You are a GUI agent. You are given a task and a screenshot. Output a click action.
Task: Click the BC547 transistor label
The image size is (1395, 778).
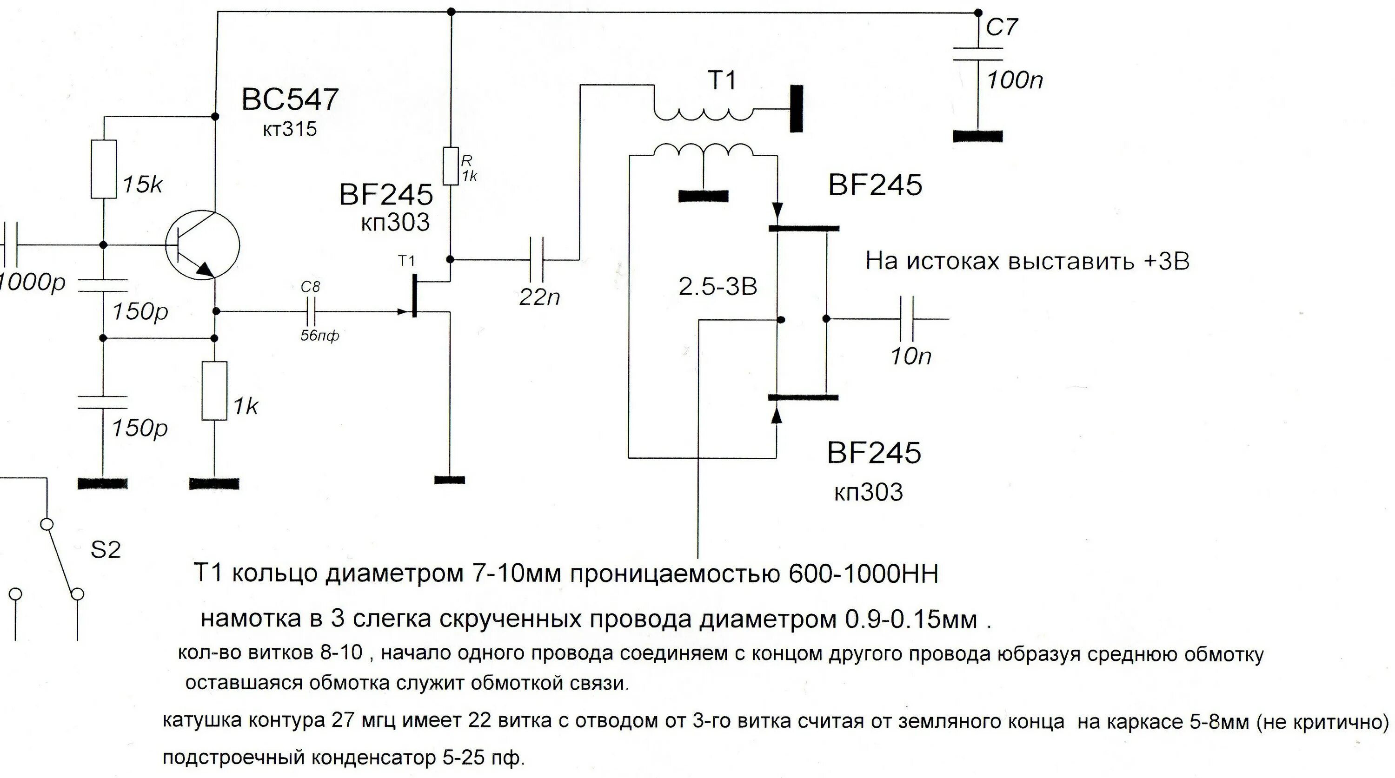pos(290,99)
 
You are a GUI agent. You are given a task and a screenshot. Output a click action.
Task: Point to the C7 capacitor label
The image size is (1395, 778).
pos(1002,27)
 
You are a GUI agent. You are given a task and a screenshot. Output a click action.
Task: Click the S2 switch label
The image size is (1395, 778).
pos(105,550)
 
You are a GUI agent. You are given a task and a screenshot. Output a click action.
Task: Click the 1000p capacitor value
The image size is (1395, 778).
pos(33,283)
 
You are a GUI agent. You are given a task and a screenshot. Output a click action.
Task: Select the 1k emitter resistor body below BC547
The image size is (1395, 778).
pos(214,391)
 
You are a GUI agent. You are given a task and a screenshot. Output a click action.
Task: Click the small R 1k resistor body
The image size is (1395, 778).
pos(451,165)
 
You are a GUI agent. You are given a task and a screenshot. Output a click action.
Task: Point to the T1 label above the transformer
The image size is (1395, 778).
pos(723,81)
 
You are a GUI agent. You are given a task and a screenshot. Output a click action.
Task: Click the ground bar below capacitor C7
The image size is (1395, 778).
pos(977,136)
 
